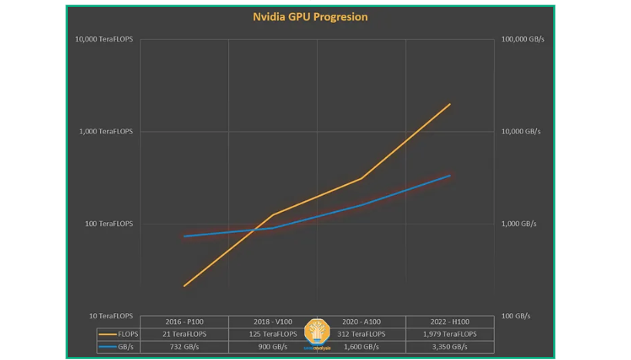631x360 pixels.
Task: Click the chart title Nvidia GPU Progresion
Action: pyautogui.click(x=310, y=17)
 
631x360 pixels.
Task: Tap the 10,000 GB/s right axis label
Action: pyautogui.click(x=521, y=132)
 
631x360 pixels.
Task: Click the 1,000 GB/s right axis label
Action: pyautogui.click(x=519, y=224)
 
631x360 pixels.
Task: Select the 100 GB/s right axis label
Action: pyautogui.click(x=515, y=316)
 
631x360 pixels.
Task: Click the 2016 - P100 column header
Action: pyautogui.click(x=184, y=321)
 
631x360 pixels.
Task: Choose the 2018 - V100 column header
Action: pyautogui.click(x=273, y=321)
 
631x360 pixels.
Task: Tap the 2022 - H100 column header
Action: pyautogui.click(x=449, y=321)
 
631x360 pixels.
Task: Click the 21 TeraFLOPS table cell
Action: pyautogui.click(x=184, y=334)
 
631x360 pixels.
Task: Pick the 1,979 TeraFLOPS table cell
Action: pyautogui.click(x=449, y=334)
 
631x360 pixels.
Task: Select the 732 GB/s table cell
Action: pyautogui.click(x=184, y=347)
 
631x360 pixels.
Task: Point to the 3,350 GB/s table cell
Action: pyautogui.click(x=449, y=347)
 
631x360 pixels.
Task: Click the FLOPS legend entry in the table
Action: pyautogui.click(x=118, y=334)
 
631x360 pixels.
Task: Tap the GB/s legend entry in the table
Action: pyautogui.click(x=118, y=347)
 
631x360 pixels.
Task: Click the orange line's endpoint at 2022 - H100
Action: pyautogui.click(x=450, y=104)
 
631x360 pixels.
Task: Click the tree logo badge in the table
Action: pyautogui.click(x=317, y=333)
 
